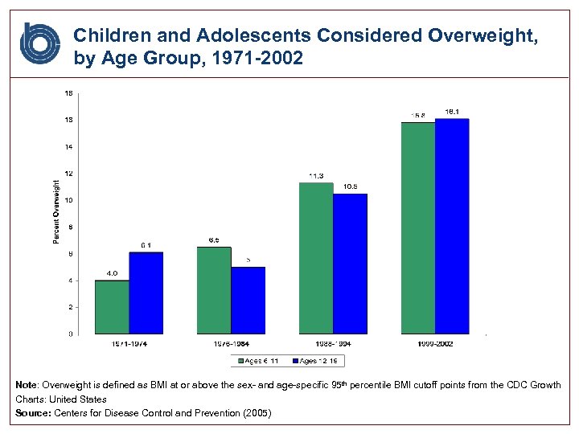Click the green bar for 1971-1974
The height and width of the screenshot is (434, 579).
pos(112,306)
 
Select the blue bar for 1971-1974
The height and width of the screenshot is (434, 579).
pos(146,293)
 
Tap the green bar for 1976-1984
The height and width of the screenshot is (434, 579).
pos(214,289)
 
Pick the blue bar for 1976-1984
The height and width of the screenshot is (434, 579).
pos(248,300)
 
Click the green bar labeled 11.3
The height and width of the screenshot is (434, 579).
pos(316,258)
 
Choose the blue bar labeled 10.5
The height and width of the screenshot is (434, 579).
pos(350,264)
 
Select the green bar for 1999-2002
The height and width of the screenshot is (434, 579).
pos(418,227)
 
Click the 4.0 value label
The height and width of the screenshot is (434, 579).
pos(112,273)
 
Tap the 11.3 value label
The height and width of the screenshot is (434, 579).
pos(316,175)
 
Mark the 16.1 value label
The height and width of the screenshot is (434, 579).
pos(452,112)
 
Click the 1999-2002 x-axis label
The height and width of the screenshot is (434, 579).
pos(435,344)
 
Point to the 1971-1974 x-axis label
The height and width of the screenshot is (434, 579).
pos(129,344)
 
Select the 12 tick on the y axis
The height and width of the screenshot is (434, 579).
pos(69,174)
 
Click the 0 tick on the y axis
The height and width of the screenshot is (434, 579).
pos(71,334)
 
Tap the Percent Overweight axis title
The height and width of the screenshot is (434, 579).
pos(56,212)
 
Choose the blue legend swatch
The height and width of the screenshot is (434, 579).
pos(295,361)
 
